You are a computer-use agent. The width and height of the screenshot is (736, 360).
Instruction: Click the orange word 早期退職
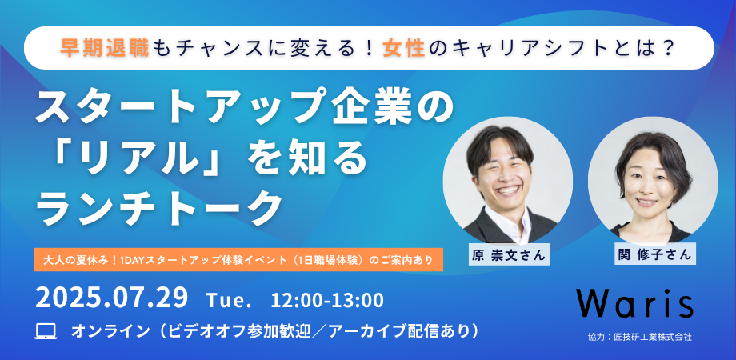coord(105,48)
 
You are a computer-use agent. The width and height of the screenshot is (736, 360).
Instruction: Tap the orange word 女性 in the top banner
coord(404,48)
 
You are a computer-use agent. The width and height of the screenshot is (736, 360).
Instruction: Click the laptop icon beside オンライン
coord(46,331)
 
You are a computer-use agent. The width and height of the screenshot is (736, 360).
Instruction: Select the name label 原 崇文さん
coord(508,255)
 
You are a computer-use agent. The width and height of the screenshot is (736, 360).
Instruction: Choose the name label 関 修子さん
coord(654,254)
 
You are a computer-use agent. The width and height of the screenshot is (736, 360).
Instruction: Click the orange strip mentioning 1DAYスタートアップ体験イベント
coord(239,259)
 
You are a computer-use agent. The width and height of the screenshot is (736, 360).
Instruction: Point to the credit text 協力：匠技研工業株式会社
coord(639,337)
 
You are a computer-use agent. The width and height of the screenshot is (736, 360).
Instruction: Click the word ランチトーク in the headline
coord(158,206)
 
